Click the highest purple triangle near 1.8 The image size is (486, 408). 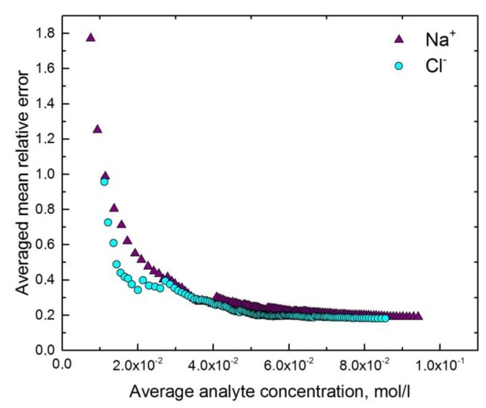[x=90, y=37]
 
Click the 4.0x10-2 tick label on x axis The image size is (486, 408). [x=214, y=365]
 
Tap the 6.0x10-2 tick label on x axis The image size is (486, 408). [x=289, y=365]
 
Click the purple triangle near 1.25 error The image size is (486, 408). [x=97, y=129]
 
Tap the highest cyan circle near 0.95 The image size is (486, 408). [x=104, y=181]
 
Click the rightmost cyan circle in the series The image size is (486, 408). [x=385, y=318]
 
